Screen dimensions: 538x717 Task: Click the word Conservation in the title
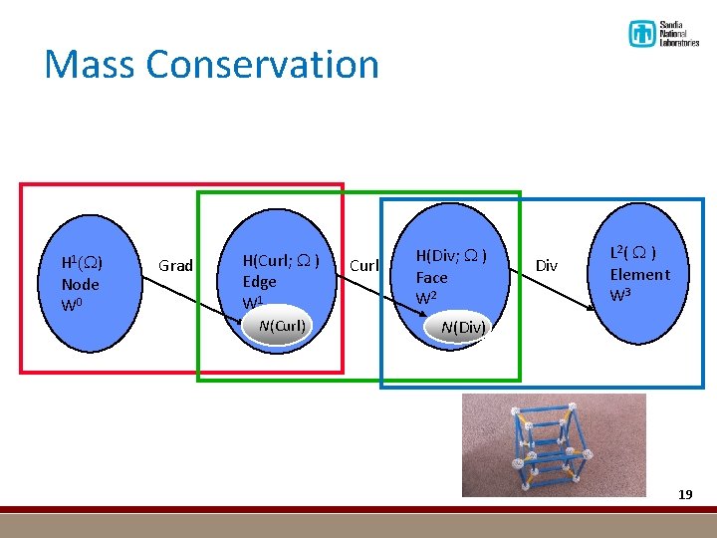[x=263, y=65]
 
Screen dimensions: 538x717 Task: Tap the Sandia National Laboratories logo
[x=663, y=34]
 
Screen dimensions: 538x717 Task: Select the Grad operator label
[x=176, y=265]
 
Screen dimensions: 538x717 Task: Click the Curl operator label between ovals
[x=364, y=265]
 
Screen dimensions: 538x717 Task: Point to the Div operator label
[x=547, y=265]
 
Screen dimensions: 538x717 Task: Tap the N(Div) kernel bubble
[x=462, y=328]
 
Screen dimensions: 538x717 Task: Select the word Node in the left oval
[x=81, y=284]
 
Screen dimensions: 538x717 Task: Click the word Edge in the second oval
[x=260, y=282]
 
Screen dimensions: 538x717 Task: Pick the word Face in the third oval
[x=432, y=278]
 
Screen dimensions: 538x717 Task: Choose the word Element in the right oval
[x=639, y=275]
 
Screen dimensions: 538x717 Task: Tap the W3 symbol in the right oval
[x=620, y=295]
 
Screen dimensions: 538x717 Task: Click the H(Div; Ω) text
[x=451, y=257]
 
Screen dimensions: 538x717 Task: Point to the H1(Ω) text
[x=83, y=263]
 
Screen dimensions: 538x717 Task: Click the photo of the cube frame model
[x=553, y=444]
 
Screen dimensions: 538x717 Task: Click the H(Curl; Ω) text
[x=281, y=261]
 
